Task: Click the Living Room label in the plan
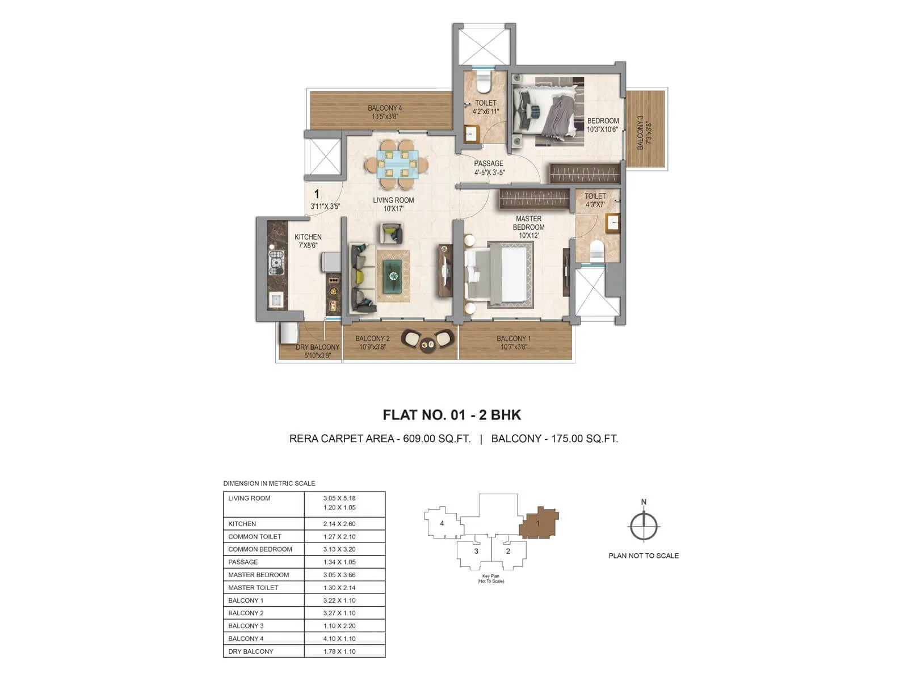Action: click(393, 204)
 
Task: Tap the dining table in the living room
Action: click(397, 164)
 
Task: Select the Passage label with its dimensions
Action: click(489, 168)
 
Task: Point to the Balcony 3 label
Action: click(644, 133)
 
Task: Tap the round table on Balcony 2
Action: click(427, 343)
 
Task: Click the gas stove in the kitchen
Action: click(276, 261)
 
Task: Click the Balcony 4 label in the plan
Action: click(385, 112)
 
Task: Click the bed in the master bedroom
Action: click(499, 275)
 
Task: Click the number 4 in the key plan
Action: click(442, 523)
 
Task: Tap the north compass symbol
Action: click(644, 526)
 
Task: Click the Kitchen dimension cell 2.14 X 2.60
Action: click(339, 524)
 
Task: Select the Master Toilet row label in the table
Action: click(253, 587)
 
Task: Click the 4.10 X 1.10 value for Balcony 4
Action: click(339, 638)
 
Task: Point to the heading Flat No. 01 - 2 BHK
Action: click(452, 415)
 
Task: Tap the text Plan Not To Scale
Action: click(644, 556)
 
